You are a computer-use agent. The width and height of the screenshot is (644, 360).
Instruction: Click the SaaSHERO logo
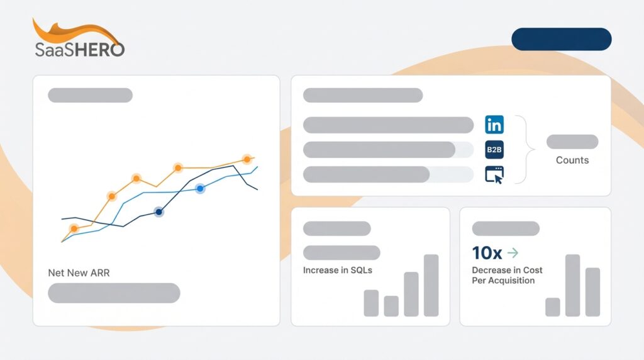tap(79, 40)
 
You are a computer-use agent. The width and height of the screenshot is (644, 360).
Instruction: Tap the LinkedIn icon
tap(494, 125)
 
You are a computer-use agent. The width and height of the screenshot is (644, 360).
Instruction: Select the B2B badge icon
tap(494, 150)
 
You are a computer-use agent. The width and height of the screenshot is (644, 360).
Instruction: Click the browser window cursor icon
tap(494, 175)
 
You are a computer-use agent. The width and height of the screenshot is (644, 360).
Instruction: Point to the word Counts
tap(572, 160)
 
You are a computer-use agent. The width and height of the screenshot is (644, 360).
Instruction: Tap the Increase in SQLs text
tap(338, 271)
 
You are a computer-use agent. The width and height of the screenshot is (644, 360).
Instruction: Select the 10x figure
tap(487, 253)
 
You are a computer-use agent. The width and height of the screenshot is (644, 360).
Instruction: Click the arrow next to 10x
tap(513, 253)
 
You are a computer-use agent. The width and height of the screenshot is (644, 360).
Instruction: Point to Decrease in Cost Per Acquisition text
tap(507, 275)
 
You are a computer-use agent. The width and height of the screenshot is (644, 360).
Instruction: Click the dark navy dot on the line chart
tap(158, 212)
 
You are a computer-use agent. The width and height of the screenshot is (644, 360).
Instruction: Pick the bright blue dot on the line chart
tap(200, 188)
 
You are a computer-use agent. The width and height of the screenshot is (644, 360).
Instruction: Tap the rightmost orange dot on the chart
tap(247, 159)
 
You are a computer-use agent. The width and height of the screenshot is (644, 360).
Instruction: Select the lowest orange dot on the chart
tap(74, 228)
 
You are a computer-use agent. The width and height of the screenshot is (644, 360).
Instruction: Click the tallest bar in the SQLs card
tap(431, 285)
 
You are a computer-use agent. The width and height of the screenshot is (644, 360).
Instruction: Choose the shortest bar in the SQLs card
tap(391, 306)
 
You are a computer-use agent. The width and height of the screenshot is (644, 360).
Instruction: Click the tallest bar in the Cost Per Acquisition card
tap(572, 285)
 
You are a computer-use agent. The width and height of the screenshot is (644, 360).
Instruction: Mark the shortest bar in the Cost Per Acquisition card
tap(553, 307)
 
